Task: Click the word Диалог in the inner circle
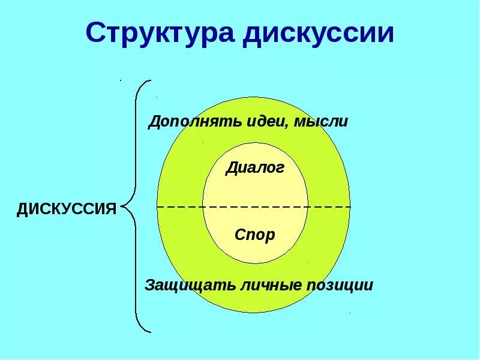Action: pyautogui.click(x=255, y=168)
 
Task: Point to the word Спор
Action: pyautogui.click(x=255, y=235)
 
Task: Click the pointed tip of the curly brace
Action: pyautogui.click(x=122, y=207)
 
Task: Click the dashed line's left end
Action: pyautogui.click(x=158, y=207)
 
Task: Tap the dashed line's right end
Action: pyautogui.click(x=349, y=207)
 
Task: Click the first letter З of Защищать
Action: pyautogui.click(x=149, y=285)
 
